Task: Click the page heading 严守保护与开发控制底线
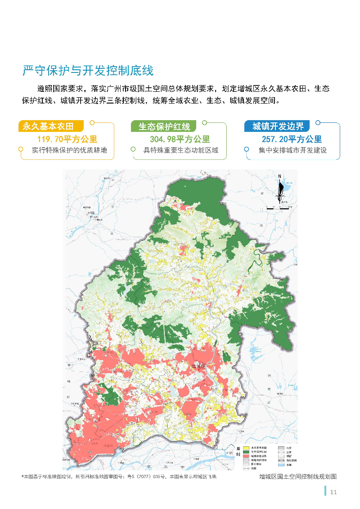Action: (88, 71)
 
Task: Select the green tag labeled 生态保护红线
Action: (164, 126)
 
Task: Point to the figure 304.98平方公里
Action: (180, 140)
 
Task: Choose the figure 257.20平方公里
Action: (292, 140)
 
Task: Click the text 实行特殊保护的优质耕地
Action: (69, 150)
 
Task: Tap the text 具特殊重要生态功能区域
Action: (181, 150)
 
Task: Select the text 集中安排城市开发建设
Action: (292, 150)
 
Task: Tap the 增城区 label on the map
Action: (198, 366)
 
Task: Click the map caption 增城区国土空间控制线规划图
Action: (298, 477)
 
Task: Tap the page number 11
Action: (333, 492)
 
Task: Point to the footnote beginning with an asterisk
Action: (119, 477)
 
